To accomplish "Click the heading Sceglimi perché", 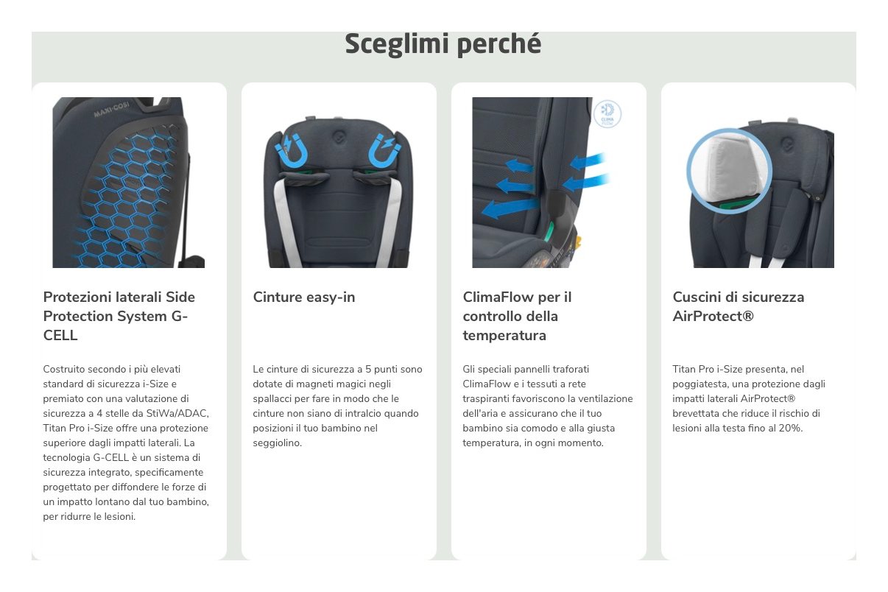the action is click(443, 43).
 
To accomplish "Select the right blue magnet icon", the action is click(384, 150).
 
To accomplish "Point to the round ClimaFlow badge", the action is click(607, 114).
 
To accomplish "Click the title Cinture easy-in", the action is click(304, 297).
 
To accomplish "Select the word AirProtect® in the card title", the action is click(713, 316).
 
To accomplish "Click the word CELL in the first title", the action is click(60, 336).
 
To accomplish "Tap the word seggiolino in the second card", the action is click(277, 443).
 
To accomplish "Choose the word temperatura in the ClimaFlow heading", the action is click(504, 336).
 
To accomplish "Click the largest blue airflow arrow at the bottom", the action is click(511, 208).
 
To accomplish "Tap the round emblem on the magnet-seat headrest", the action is click(338, 137).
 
